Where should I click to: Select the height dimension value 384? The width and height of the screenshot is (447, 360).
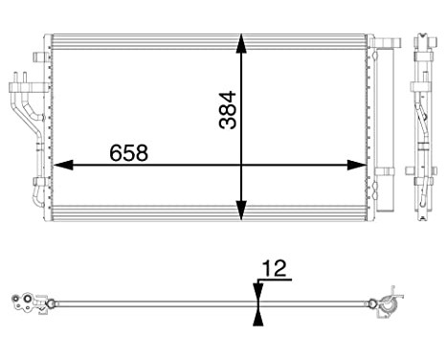point(226,110)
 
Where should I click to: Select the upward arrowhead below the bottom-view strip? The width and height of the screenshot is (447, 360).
point(257,316)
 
